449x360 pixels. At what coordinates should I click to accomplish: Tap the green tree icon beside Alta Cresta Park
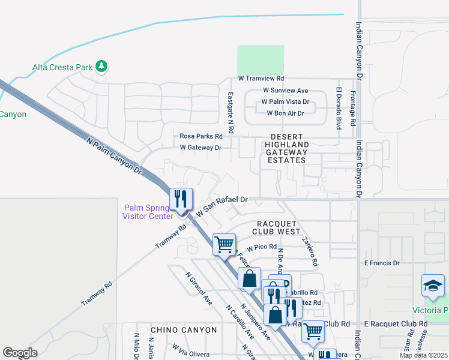click(x=101, y=66)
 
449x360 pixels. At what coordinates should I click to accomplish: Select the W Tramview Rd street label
click(x=261, y=79)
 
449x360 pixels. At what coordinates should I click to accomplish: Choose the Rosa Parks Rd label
click(x=201, y=136)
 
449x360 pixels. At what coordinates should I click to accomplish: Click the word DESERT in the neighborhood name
click(x=287, y=137)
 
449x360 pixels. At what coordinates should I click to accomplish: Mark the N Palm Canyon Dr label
click(x=114, y=157)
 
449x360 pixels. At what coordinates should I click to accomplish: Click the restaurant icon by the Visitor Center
click(x=181, y=199)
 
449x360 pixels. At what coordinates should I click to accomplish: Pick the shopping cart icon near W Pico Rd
click(x=224, y=244)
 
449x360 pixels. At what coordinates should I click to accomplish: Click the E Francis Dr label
click(x=382, y=263)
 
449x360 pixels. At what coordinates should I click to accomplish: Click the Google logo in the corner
click(x=20, y=353)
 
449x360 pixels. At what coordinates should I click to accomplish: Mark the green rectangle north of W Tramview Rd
click(x=261, y=59)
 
